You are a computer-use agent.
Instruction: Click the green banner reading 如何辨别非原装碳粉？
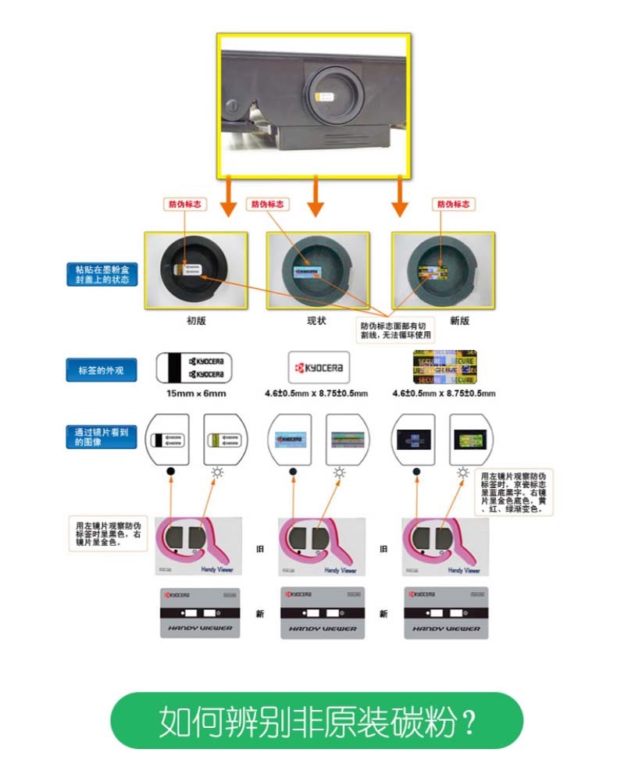(x=316, y=720)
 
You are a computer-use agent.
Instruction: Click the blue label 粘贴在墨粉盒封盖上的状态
(x=102, y=274)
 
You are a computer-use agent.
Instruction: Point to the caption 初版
(x=196, y=320)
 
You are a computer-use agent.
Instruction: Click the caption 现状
(x=316, y=320)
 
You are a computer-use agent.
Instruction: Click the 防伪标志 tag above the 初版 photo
(x=184, y=204)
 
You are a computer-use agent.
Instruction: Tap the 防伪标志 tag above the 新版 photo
(x=454, y=204)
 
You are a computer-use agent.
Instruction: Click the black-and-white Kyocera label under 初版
(x=195, y=368)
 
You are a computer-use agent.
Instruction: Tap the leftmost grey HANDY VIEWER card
(x=196, y=612)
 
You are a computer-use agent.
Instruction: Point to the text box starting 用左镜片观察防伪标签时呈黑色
(x=108, y=533)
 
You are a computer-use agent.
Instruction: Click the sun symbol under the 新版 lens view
(x=463, y=473)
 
